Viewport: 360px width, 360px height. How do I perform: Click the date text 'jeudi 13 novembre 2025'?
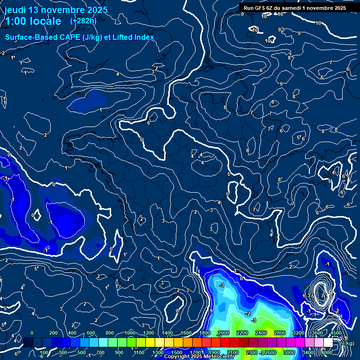pyautogui.click(x=56, y=10)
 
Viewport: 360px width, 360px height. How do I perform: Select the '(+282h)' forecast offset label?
pyautogui.click(x=83, y=21)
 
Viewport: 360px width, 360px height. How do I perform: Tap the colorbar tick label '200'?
pyautogui.click(x=52, y=333)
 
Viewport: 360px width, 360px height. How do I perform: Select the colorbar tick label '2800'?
pyautogui.click(x=280, y=333)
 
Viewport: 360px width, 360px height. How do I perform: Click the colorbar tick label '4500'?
pyautogui.click(x=336, y=333)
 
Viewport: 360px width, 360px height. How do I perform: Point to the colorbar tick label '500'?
pyautogui.click(x=81, y=352)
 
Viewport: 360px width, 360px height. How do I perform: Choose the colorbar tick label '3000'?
pyautogui.click(x=289, y=352)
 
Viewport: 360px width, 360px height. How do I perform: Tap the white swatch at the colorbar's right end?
pyautogui.click(x=328, y=343)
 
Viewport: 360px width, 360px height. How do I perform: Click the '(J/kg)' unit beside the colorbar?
pyautogui.click(x=347, y=343)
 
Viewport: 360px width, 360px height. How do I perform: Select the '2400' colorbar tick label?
pyautogui.click(x=261, y=333)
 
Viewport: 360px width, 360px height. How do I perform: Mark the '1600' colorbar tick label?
pyautogui.click(x=186, y=333)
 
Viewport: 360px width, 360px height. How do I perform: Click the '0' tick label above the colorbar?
pyautogui.click(x=32, y=333)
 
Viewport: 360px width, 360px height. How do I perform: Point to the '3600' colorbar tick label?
pyautogui.click(x=317, y=333)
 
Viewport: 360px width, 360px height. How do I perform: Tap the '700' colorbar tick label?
pyautogui.click(x=100, y=352)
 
